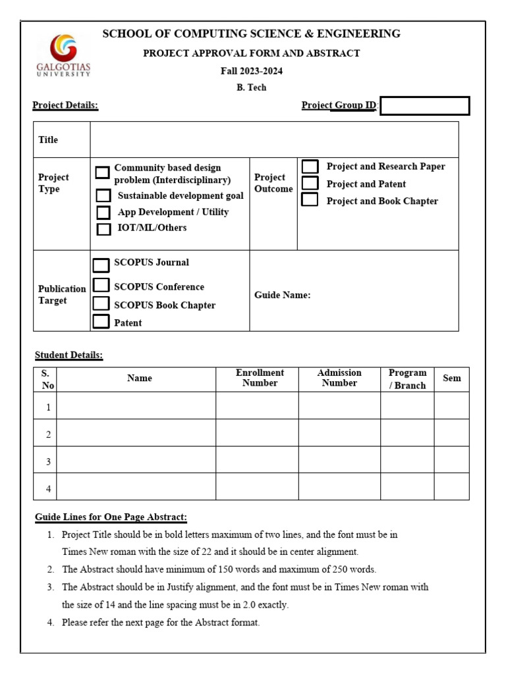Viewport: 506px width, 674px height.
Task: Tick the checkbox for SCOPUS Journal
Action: click(101, 265)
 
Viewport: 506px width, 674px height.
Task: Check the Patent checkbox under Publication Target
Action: click(101, 322)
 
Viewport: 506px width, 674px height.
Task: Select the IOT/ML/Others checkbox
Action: click(103, 229)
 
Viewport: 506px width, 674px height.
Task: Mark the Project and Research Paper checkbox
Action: click(310, 167)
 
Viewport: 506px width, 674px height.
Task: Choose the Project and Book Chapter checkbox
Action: click(310, 200)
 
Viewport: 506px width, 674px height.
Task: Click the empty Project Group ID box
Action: click(425, 106)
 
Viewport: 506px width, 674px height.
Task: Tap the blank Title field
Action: click(274, 140)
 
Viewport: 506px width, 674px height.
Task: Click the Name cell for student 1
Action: click(136, 405)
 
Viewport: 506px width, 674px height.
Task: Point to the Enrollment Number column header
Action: click(260, 378)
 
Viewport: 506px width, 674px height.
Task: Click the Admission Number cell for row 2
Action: click(339, 432)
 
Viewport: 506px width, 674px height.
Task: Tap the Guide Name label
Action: click(282, 296)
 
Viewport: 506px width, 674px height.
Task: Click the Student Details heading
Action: click(69, 355)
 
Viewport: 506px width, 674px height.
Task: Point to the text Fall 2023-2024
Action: click(252, 71)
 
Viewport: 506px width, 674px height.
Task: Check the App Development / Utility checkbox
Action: click(103, 213)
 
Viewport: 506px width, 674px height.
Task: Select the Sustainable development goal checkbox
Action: click(103, 195)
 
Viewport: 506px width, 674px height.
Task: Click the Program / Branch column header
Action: click(407, 379)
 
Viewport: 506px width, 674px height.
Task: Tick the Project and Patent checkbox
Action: click(310, 184)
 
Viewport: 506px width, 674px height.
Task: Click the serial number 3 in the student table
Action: click(48, 462)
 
